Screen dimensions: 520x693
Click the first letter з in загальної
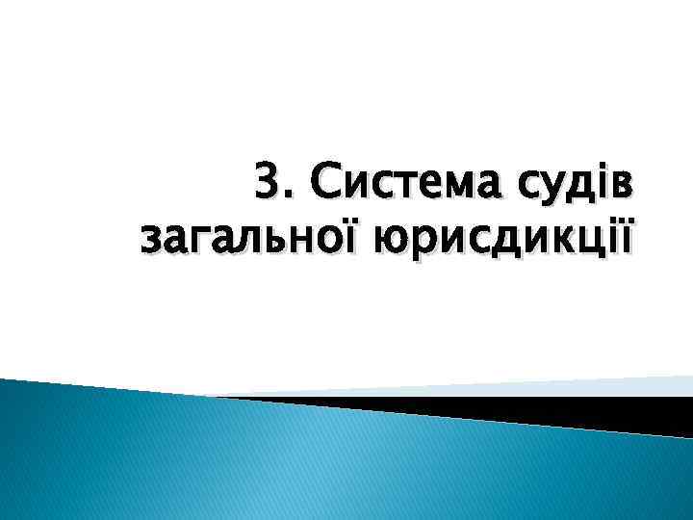[x=151, y=237]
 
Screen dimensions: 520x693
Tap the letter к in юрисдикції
[x=542, y=237]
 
